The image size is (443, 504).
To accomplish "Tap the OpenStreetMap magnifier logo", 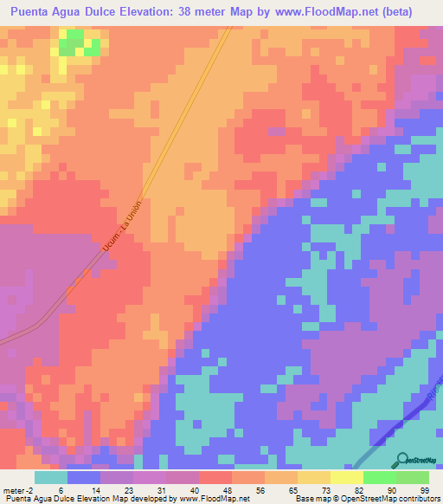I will [x=400, y=461].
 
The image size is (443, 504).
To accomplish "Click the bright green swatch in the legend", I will [x=379, y=477].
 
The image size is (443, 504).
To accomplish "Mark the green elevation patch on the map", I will [x=74, y=41].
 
